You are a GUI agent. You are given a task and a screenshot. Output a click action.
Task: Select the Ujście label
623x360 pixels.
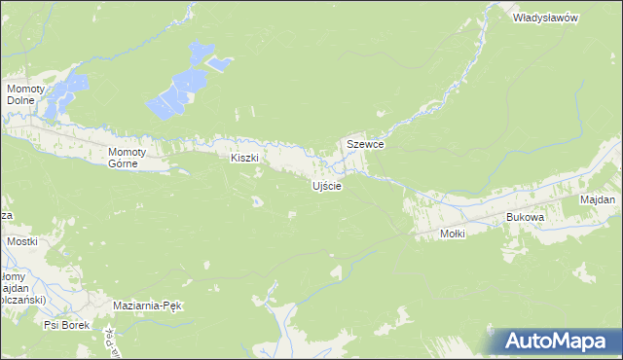[x=326, y=186]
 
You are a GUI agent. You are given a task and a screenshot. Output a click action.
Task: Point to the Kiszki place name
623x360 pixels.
[x=243, y=158]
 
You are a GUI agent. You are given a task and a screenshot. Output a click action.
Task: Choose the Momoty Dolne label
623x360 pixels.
[x=20, y=93]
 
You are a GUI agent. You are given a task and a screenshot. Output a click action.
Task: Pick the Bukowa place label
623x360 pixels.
[x=524, y=218]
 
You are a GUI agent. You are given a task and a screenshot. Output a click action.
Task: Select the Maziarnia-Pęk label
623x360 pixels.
[x=148, y=306]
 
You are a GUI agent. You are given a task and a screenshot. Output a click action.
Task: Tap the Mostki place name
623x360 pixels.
[x=21, y=240]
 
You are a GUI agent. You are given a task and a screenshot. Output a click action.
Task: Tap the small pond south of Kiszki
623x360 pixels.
[x=257, y=202]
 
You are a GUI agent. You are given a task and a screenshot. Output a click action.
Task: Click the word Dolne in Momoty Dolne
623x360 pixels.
[x=20, y=99]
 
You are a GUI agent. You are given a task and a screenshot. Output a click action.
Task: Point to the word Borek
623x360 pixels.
[x=75, y=325]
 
